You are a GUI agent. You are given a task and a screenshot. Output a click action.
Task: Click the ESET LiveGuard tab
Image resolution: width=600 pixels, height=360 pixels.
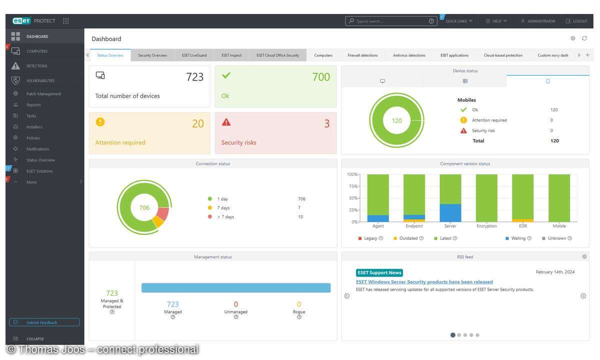[x=194, y=55]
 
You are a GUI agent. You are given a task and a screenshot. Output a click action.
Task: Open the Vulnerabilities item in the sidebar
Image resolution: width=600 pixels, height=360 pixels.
[x=40, y=80]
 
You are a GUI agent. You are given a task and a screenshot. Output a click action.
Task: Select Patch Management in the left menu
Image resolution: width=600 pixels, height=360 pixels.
[x=43, y=94]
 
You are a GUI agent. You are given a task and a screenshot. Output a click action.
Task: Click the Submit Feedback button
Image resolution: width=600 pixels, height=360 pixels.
[x=44, y=322]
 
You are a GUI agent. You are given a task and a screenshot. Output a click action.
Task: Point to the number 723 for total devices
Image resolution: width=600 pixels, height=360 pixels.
[x=194, y=77]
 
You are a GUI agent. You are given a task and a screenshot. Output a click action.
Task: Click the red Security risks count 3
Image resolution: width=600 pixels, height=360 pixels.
[x=326, y=123]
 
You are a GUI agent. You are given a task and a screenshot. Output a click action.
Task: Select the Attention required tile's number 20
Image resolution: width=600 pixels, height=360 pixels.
[x=198, y=123]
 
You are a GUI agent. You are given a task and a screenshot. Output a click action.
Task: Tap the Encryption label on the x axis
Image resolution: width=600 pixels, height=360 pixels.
[x=486, y=226]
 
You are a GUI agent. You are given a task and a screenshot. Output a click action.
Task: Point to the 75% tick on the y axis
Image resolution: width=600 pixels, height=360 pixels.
[x=352, y=186]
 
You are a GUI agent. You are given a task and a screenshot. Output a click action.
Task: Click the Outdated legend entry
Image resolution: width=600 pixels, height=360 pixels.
[x=408, y=238]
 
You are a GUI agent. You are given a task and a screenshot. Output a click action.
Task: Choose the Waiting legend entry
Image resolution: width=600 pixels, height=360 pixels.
[x=518, y=238]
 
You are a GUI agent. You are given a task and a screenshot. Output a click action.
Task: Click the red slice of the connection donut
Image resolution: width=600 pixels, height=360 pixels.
[x=163, y=214]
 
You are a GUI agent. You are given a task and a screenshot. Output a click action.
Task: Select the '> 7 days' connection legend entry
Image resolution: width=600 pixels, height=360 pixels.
[x=225, y=217]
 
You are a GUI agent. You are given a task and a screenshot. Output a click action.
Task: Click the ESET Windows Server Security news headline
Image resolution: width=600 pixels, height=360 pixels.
[x=424, y=282]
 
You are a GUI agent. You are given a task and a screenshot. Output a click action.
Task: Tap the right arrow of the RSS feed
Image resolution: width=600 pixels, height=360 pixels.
[x=583, y=296]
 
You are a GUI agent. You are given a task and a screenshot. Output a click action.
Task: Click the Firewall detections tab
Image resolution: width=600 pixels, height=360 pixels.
[x=362, y=55]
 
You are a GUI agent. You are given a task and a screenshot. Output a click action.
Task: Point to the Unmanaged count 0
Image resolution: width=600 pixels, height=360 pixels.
[x=236, y=304]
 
